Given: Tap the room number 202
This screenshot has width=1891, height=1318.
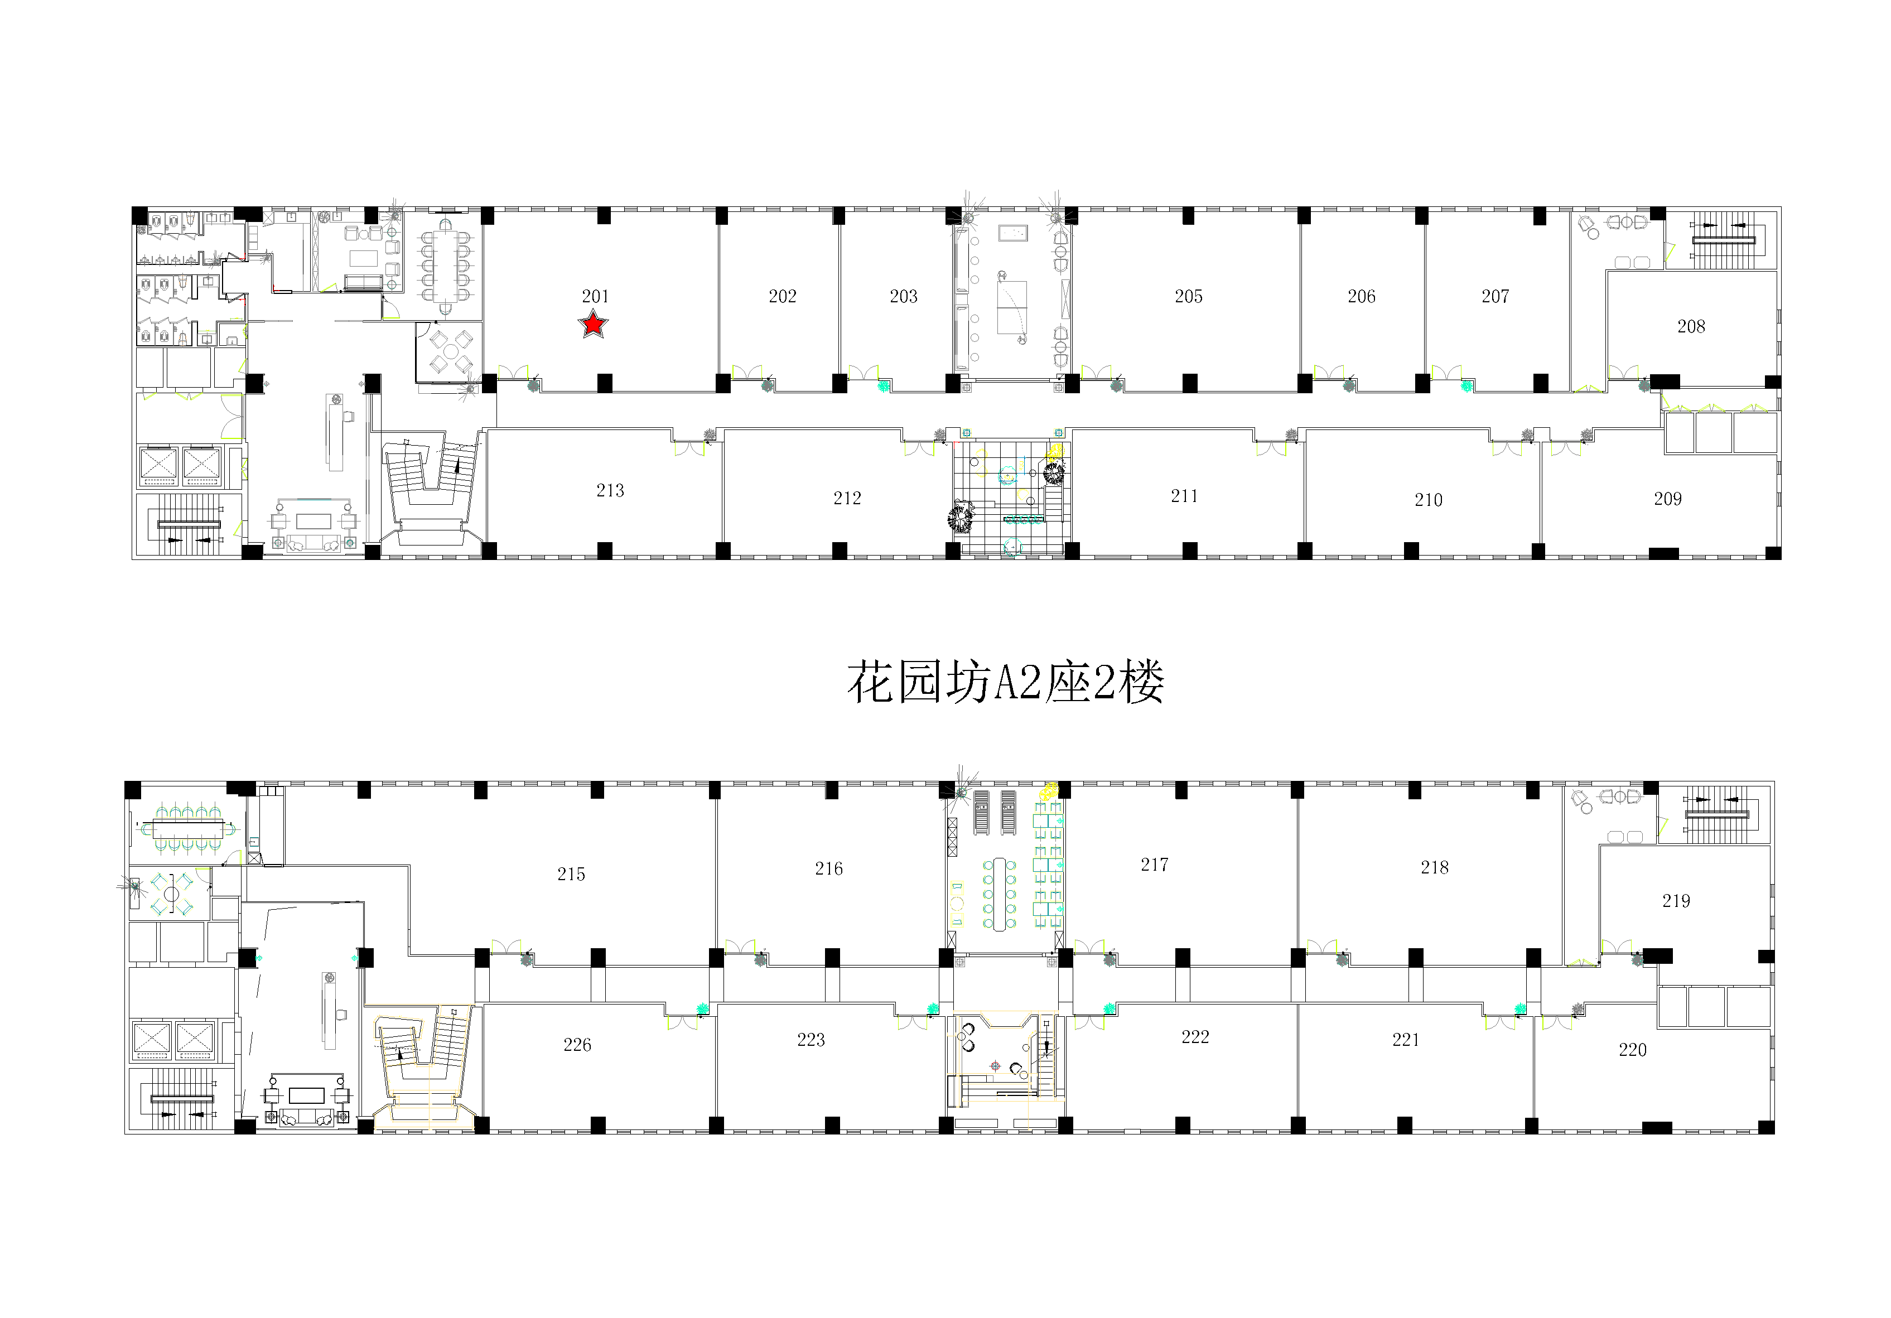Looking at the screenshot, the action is coord(783,297).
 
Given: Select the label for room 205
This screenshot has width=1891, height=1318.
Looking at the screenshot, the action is coord(1189,297).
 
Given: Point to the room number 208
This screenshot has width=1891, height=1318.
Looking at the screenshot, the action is coord(1691,326).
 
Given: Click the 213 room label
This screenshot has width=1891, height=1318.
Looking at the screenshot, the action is coord(610,490).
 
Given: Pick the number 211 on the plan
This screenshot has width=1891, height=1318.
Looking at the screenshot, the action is coord(1184,496).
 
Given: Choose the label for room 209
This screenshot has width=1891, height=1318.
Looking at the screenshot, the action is coord(1668,499).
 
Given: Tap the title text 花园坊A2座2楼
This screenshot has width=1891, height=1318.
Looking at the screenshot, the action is coord(1006,682).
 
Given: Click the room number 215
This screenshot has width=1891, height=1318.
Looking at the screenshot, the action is coord(571,874).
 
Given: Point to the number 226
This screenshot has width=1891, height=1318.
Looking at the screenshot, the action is coord(577,1045).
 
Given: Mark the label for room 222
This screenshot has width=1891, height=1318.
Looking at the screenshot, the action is coord(1195,1037).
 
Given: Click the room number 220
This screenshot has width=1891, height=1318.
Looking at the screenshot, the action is coord(1632,1050).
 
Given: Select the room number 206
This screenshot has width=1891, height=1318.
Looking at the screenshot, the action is coord(1362,297).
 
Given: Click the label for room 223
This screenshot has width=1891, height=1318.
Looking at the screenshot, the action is coord(811,1040).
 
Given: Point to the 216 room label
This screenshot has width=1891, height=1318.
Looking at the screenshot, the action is coord(828,868).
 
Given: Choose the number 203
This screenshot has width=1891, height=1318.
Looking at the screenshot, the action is coord(904,297).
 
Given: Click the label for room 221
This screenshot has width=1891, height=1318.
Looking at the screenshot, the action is coord(1406,1040).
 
